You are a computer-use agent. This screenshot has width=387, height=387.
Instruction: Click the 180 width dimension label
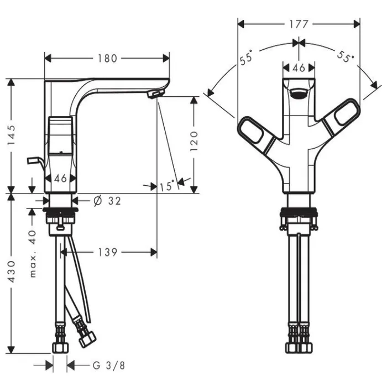pyautogui.click(x=107, y=59)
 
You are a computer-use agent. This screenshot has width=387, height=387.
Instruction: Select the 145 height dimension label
pyautogui.click(x=12, y=135)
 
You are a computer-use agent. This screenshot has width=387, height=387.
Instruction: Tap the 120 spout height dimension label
pyautogui.click(x=194, y=141)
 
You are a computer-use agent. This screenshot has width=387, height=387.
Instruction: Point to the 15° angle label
pyautogui.click(x=167, y=186)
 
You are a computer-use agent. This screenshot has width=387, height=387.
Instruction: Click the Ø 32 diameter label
pyautogui.click(x=107, y=201)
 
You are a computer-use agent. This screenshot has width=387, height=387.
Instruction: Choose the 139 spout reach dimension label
pyautogui.click(x=108, y=252)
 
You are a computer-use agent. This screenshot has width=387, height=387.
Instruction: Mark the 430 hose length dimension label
pyautogui.click(x=12, y=272)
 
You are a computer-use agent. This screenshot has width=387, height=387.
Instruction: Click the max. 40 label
pyautogui.click(x=33, y=254)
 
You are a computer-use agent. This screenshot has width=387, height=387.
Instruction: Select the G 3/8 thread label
pyautogui.click(x=108, y=365)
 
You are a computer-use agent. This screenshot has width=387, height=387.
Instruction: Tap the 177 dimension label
pyautogui.click(x=299, y=24)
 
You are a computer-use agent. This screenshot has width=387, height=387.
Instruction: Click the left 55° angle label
pyautogui.click(x=247, y=57)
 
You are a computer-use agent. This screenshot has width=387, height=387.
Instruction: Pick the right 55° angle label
pyautogui.click(x=346, y=57)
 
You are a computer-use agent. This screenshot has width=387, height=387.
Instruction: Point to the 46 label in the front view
pyautogui.click(x=299, y=67)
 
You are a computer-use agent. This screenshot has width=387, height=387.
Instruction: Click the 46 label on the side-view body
pyautogui.click(x=60, y=178)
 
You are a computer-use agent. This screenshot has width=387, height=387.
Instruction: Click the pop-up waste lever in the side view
pyautogui.click(x=35, y=163)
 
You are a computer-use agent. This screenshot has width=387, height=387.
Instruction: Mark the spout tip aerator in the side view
pyautogui.click(x=155, y=94)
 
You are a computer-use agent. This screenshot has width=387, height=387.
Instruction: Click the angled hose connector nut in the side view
pyautogui.click(x=87, y=339)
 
